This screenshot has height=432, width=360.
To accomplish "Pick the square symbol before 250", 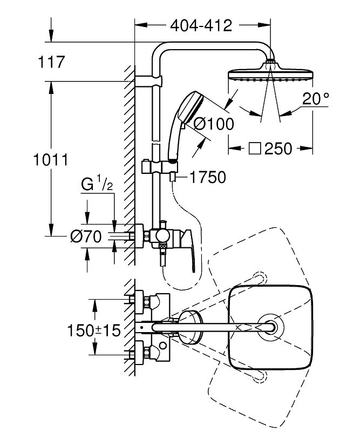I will click(237, 148).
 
